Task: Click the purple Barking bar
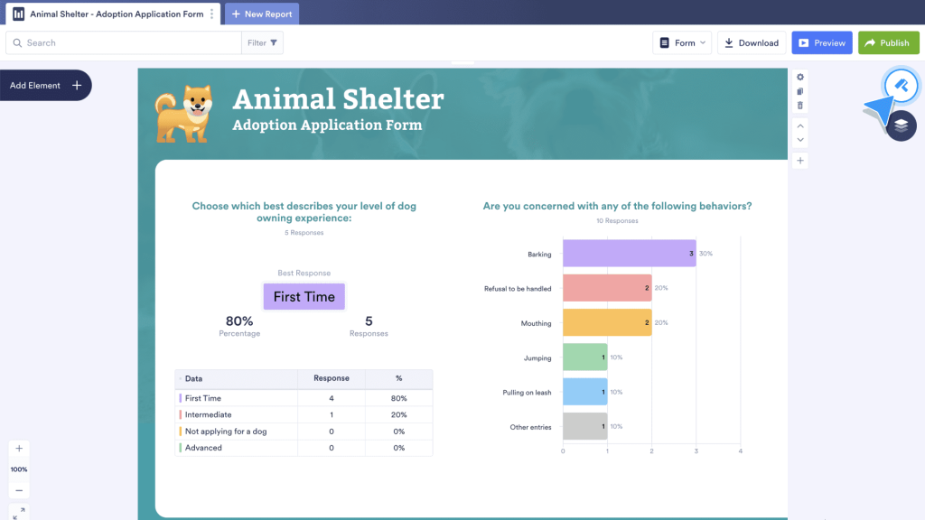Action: point(629,254)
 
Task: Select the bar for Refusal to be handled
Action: point(607,288)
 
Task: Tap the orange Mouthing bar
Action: point(607,323)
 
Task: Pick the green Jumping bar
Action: point(584,357)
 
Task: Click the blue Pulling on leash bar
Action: point(584,392)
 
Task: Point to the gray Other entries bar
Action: point(584,426)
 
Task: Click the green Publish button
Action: point(888,42)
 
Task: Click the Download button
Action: point(751,42)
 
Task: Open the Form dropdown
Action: point(683,42)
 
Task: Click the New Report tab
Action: point(261,14)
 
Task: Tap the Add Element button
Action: point(45,86)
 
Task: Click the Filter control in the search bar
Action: point(263,42)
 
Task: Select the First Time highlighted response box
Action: point(304,297)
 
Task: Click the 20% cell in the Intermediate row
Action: point(398,415)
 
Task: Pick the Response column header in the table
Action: point(331,378)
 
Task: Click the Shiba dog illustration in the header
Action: point(184,114)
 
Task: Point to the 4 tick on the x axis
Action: point(740,450)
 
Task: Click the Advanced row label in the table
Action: point(203,448)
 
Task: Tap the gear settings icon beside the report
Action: point(800,78)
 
